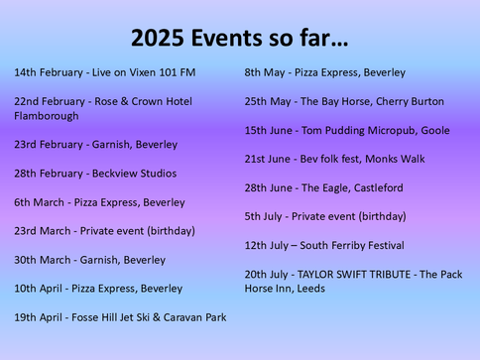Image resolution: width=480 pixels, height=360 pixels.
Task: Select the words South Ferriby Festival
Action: coord(357,245)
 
